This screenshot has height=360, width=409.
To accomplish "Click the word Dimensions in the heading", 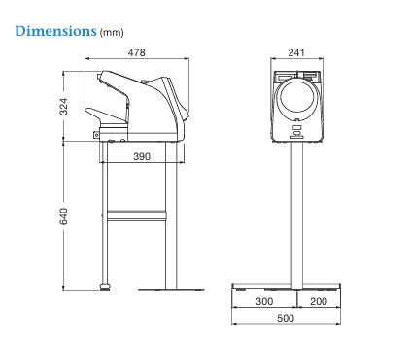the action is pyautogui.click(x=55, y=31).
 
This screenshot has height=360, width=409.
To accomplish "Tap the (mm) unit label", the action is pyautogui.click(x=112, y=33).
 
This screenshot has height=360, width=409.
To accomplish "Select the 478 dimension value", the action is pyautogui.click(x=136, y=52).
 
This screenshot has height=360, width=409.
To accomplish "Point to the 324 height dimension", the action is pyautogui.click(x=64, y=107).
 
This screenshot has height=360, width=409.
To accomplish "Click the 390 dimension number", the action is pyautogui.click(x=142, y=156).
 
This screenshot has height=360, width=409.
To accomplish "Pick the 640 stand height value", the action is pyautogui.click(x=64, y=216).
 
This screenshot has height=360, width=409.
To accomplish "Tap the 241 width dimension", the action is pyautogui.click(x=296, y=52).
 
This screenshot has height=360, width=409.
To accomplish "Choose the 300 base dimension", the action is pyautogui.click(x=264, y=301).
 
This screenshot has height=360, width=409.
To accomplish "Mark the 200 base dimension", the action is pyautogui.click(x=319, y=301).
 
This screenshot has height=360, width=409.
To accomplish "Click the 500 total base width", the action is pyautogui.click(x=286, y=318).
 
